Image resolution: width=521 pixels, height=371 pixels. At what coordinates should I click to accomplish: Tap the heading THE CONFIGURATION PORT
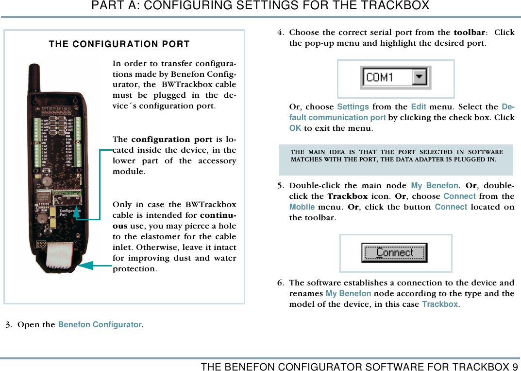(x=119, y=44)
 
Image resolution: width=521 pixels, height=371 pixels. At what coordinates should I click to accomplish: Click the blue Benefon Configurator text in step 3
(x=100, y=324)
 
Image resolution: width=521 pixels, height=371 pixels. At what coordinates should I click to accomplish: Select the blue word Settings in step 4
(x=353, y=106)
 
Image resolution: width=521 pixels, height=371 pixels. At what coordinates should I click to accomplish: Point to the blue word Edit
(x=419, y=106)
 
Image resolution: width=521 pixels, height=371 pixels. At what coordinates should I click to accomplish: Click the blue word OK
(x=295, y=128)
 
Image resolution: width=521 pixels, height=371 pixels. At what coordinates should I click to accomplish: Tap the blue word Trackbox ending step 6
(x=439, y=304)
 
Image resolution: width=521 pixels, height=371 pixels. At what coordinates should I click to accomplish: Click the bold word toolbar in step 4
(x=469, y=33)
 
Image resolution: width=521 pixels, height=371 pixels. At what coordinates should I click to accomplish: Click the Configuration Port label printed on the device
(x=68, y=212)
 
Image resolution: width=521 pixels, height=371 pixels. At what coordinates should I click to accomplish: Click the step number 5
(x=281, y=185)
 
